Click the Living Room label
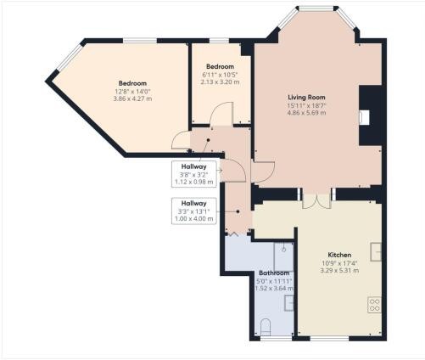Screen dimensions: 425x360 point(306,98)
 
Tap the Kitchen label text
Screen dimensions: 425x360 point(339,255)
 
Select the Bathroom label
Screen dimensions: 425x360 point(274,273)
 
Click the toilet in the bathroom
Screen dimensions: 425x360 point(266,328)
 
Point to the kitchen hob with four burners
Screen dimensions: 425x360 point(374,305)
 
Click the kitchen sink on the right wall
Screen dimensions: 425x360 point(376,251)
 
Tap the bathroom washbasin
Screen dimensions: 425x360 point(289,303)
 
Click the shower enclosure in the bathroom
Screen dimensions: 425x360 point(284,256)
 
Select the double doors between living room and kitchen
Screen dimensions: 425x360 point(316,201)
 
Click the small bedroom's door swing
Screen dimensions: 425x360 point(221,113)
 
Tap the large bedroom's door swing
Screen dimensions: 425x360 point(181,140)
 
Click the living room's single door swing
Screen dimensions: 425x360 point(263,172)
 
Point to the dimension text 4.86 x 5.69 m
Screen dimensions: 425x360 point(306,113)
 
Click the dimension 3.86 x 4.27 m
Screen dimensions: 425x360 point(132,98)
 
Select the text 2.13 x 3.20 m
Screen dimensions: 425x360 point(220,82)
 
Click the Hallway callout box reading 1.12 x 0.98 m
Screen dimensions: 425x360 point(194,174)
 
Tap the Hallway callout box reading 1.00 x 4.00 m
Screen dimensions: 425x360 point(194,211)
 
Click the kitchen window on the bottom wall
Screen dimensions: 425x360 point(329,339)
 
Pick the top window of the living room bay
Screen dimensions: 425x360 point(316,8)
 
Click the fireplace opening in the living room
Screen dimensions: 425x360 point(365,117)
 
